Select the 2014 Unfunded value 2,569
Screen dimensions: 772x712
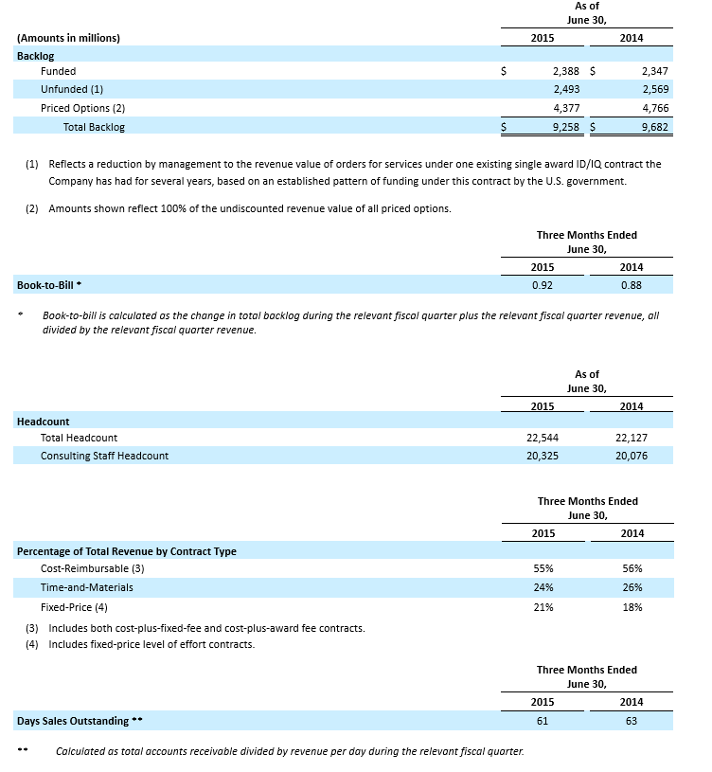(x=654, y=89)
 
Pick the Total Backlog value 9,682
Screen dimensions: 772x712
(x=654, y=127)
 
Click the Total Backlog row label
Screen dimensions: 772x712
(x=94, y=127)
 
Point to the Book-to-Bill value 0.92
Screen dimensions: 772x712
(x=543, y=284)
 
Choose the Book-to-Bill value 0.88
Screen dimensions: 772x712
(x=632, y=284)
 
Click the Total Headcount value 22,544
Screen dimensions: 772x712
(x=543, y=439)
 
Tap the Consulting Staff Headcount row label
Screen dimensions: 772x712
(x=104, y=456)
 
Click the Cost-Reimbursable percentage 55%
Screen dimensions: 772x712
(x=543, y=568)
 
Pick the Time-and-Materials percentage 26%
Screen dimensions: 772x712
(x=632, y=587)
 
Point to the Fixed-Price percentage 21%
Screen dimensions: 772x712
(x=543, y=607)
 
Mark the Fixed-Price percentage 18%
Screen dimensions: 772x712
(x=632, y=607)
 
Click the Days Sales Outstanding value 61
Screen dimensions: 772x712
(x=543, y=721)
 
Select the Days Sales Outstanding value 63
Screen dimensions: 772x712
(x=632, y=721)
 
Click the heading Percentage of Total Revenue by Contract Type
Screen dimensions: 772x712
(x=127, y=551)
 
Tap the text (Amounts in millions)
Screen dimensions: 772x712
(x=68, y=38)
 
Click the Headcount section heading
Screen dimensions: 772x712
(x=44, y=422)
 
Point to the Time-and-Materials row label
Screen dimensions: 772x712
(x=87, y=587)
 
